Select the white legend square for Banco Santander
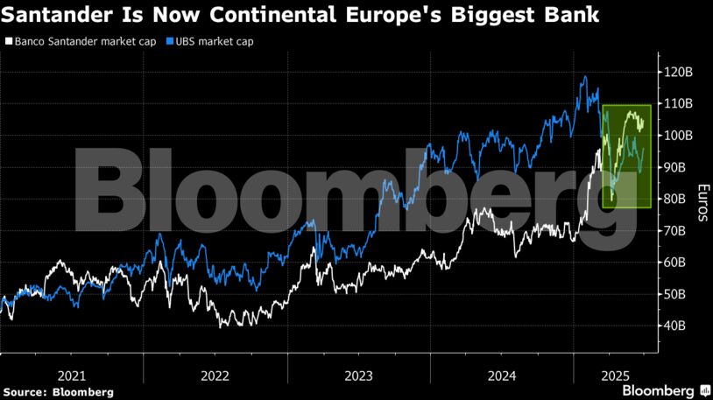coord(8,41)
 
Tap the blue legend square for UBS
coord(167,41)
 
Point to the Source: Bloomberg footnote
coord(58,392)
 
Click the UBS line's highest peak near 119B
coord(585,77)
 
